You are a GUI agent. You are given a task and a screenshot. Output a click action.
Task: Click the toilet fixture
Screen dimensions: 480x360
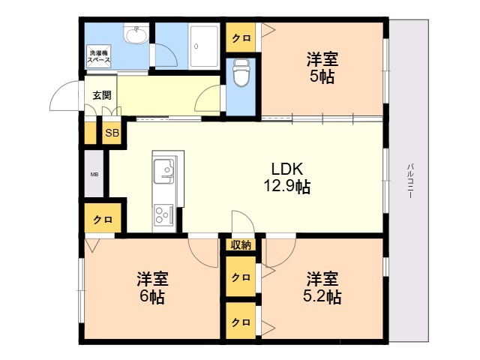[x=241, y=73]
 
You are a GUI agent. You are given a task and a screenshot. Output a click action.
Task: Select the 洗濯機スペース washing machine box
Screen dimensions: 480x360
[x=98, y=57]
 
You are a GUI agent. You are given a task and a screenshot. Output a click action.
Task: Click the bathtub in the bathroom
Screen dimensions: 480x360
[x=204, y=46]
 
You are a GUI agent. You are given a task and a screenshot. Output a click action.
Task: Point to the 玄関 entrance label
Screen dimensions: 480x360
[x=102, y=95]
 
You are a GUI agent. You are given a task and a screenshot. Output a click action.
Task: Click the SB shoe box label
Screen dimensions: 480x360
[x=112, y=133]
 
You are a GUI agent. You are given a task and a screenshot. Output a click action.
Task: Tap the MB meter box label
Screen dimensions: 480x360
[x=94, y=175]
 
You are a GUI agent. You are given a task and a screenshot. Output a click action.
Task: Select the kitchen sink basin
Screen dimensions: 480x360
[x=163, y=172]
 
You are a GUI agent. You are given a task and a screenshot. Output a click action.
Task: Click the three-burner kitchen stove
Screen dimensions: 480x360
[x=163, y=214]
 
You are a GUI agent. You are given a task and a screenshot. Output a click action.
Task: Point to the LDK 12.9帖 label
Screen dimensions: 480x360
[x=287, y=178]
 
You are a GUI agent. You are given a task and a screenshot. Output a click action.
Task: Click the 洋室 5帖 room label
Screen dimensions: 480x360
[x=322, y=68]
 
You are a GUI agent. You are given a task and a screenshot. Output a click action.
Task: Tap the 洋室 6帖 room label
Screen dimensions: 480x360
[x=152, y=288]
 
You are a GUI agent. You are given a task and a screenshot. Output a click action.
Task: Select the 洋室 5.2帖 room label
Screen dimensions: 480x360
[x=322, y=288]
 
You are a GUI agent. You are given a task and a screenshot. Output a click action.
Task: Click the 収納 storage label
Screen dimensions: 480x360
[x=241, y=245]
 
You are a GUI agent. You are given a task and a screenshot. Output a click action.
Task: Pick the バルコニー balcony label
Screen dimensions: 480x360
[x=410, y=181]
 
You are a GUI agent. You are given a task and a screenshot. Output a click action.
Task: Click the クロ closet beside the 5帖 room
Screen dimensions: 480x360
[x=241, y=38]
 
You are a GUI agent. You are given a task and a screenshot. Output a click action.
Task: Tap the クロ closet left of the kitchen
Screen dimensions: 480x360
[x=103, y=219]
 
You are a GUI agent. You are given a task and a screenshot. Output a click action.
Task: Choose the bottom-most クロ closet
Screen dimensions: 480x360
[x=241, y=322]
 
